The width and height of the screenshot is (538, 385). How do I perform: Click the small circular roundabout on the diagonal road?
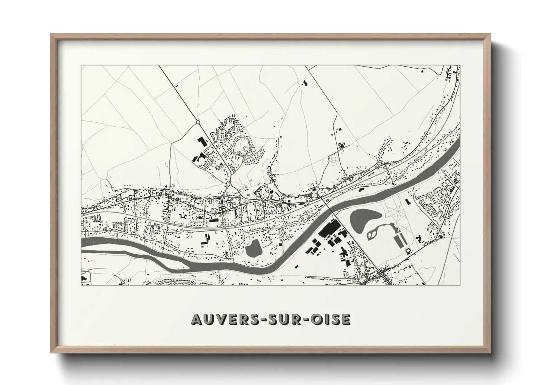click(x=198, y=123)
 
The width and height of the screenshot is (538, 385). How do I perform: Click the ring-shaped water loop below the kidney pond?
click(x=375, y=233)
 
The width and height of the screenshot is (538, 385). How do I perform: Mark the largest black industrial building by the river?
click(x=329, y=231)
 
